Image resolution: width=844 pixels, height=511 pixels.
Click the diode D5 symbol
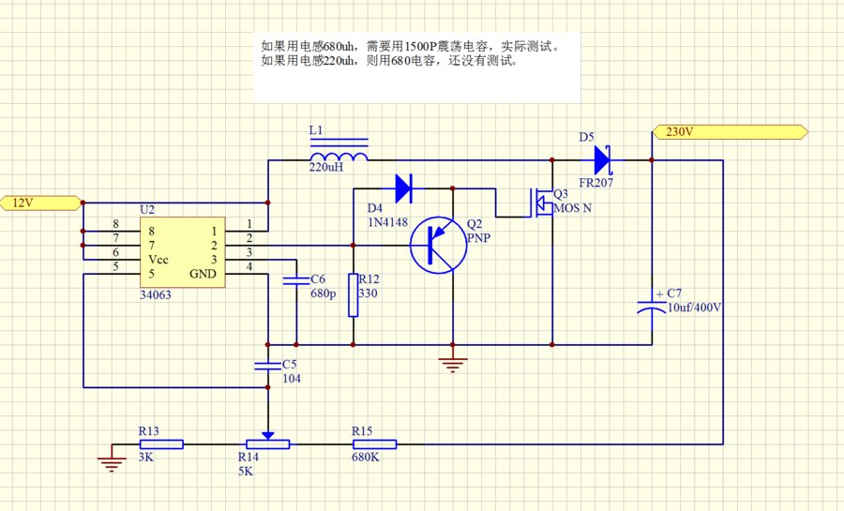(x=603, y=160)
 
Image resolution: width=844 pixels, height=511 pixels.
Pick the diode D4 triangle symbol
(x=404, y=188)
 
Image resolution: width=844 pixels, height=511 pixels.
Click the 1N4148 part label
(x=386, y=221)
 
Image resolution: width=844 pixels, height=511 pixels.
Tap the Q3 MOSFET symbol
(x=542, y=203)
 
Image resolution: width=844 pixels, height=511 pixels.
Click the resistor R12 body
(x=354, y=294)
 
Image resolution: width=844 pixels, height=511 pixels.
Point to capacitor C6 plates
(x=296, y=278)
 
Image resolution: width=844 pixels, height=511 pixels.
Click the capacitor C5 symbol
(x=269, y=364)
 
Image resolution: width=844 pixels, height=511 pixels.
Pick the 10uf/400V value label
(x=695, y=308)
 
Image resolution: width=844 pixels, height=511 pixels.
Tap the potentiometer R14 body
(x=268, y=444)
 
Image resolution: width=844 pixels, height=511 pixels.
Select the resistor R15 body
(x=374, y=444)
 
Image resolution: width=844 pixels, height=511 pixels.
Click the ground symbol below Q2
(x=453, y=365)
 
